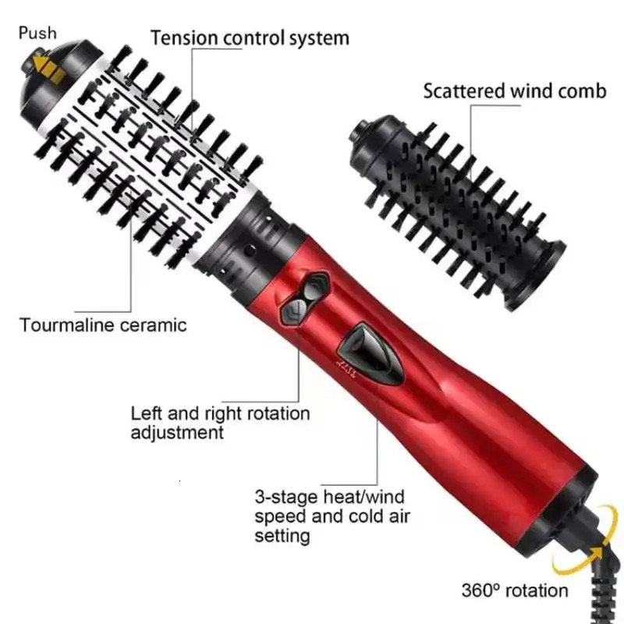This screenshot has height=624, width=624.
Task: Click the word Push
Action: tap(38, 33)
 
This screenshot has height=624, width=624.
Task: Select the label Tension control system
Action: tap(250, 37)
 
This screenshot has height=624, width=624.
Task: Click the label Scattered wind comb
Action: tap(514, 90)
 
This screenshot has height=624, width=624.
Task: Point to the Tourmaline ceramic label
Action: tap(104, 324)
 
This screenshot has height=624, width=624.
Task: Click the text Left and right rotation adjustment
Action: tap(220, 422)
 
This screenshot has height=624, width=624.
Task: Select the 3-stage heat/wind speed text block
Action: tap(332, 515)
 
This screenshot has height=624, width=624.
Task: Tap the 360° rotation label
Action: tap(515, 590)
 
